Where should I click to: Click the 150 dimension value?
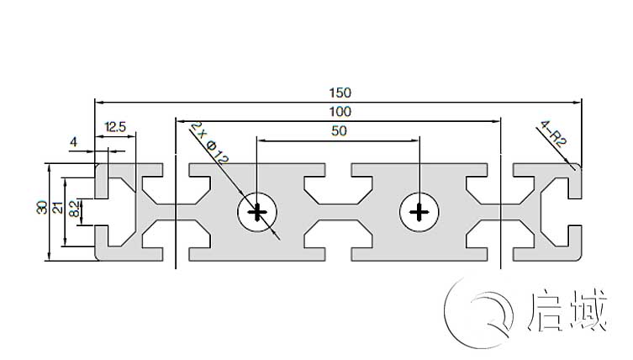(x=340, y=92)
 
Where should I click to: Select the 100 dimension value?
(x=340, y=111)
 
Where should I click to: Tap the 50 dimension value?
(x=339, y=130)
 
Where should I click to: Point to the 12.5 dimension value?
(x=114, y=127)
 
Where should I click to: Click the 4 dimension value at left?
(x=73, y=143)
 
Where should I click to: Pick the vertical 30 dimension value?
(x=41, y=207)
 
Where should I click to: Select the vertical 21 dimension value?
(x=57, y=208)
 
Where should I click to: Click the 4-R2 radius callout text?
(x=555, y=135)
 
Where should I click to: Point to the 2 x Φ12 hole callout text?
(x=209, y=142)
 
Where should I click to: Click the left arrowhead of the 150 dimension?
(x=98, y=103)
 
